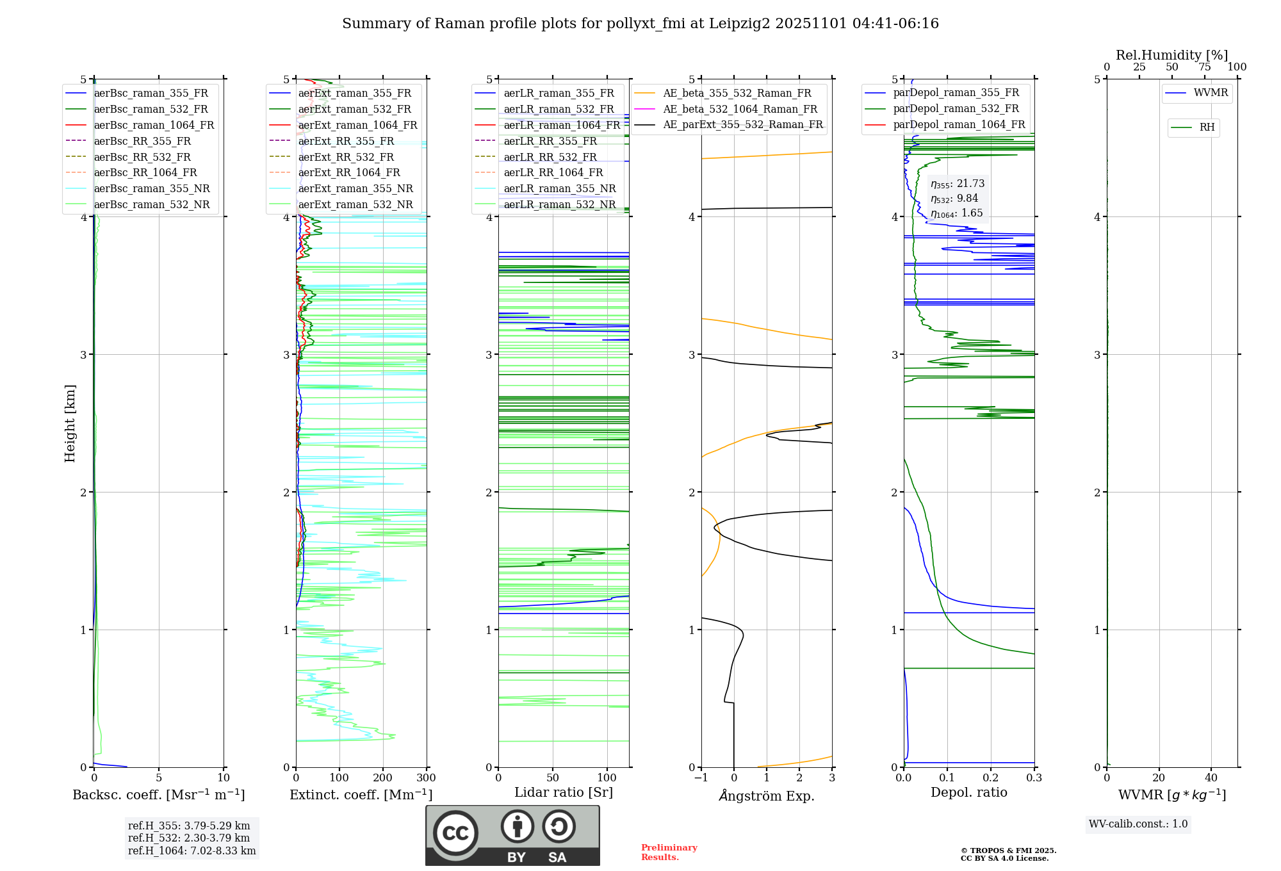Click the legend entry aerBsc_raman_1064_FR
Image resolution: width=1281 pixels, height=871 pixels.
tap(154, 126)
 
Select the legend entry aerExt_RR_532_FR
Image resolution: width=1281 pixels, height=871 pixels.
tap(346, 157)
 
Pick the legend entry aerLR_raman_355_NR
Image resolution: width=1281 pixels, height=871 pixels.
tap(559, 189)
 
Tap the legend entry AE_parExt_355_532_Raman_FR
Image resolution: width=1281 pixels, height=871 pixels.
tap(742, 125)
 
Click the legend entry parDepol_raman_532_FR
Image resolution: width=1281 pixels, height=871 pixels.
tap(956, 109)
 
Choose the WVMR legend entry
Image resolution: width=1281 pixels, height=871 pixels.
tap(1211, 93)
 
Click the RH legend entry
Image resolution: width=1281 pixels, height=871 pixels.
tap(1207, 127)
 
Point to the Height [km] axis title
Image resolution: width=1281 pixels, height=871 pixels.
tap(70, 423)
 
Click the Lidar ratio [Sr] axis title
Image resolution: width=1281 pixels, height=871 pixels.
tap(563, 792)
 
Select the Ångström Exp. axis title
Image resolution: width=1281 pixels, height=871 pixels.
tap(767, 795)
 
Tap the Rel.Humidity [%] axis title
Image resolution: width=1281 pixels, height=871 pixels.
tap(1171, 55)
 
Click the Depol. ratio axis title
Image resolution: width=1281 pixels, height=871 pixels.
tap(968, 792)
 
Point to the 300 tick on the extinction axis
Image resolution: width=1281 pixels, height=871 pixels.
tap(426, 778)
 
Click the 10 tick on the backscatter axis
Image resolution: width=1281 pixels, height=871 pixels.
tap(224, 778)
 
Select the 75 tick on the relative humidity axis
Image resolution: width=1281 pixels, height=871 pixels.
tap(1204, 67)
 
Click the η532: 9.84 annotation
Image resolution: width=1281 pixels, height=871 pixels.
tap(954, 199)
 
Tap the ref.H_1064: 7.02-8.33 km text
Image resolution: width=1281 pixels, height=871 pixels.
tap(192, 851)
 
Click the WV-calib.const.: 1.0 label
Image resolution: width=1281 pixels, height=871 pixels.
tap(1138, 824)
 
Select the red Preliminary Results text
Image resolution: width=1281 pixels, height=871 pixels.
tap(669, 852)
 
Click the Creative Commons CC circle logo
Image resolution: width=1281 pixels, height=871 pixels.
tap(455, 833)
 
